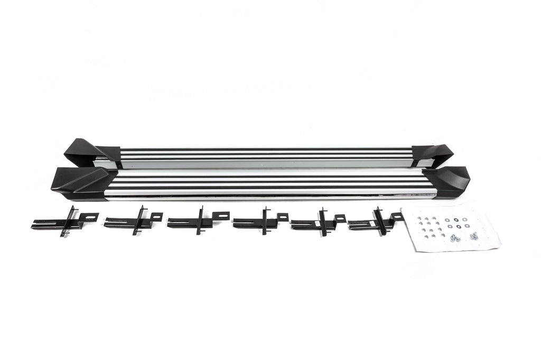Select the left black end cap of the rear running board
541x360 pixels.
(85, 151)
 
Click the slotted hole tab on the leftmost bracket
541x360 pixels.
(90, 216)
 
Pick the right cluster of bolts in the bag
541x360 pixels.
(473, 235)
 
